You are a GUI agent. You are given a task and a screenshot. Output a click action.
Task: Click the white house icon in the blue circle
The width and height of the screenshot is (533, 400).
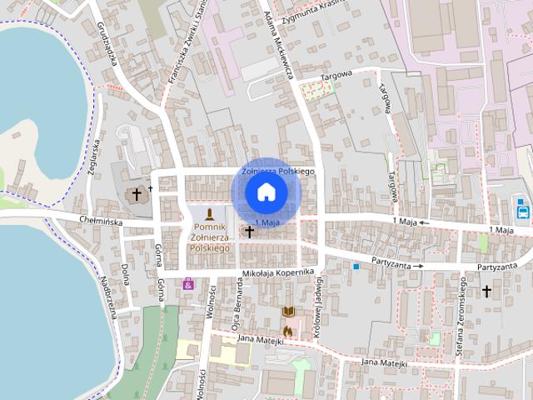[x=266, y=192]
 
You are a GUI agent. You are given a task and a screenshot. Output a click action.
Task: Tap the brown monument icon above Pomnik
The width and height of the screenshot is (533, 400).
[x=209, y=214]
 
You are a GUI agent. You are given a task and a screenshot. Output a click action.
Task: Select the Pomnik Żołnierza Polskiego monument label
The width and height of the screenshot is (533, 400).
[x=209, y=237]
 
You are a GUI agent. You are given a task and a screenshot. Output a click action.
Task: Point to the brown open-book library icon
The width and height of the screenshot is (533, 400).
[x=288, y=312]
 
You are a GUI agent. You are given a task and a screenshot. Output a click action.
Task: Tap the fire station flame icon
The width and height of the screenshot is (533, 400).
[x=288, y=330]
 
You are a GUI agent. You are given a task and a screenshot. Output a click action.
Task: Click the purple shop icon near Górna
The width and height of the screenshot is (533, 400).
[x=189, y=283]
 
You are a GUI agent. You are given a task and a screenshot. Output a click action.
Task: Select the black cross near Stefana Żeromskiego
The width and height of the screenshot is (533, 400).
[x=486, y=291]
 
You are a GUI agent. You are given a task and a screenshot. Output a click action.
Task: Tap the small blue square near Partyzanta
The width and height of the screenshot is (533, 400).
[x=356, y=267]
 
